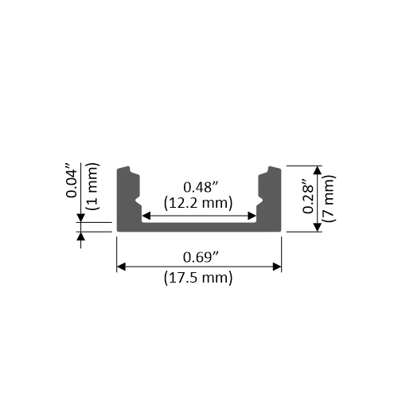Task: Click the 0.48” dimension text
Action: tap(199, 187)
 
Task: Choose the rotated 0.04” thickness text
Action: tap(71, 181)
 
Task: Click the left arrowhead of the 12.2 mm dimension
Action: tap(146, 215)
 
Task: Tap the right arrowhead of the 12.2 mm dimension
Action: tap(252, 215)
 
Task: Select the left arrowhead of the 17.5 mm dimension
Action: tap(121, 267)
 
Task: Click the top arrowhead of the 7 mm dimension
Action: tap(318, 170)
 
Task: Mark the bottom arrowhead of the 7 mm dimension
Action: tap(318, 227)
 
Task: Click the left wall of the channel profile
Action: tap(127, 199)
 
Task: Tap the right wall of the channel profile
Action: tap(271, 199)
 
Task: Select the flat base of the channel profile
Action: tap(199, 227)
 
